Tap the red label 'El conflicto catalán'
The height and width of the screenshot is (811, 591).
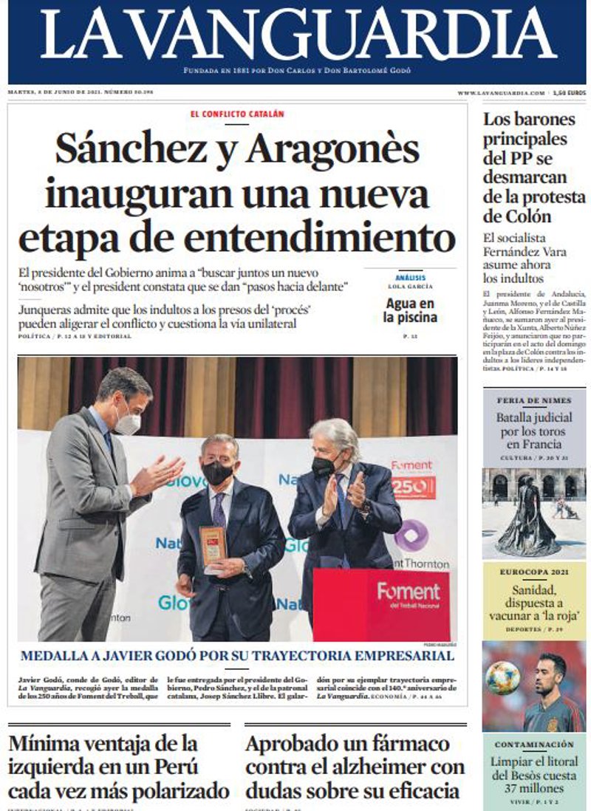(236, 114)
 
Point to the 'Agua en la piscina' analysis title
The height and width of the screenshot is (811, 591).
(410, 310)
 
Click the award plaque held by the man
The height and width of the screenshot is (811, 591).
(212, 547)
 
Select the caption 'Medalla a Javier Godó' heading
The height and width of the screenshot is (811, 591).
(237, 656)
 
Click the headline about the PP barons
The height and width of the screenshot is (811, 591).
(533, 168)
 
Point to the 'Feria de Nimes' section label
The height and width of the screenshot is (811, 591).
(533, 401)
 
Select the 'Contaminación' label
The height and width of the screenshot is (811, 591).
(533, 745)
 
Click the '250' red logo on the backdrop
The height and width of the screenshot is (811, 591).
(414, 487)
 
